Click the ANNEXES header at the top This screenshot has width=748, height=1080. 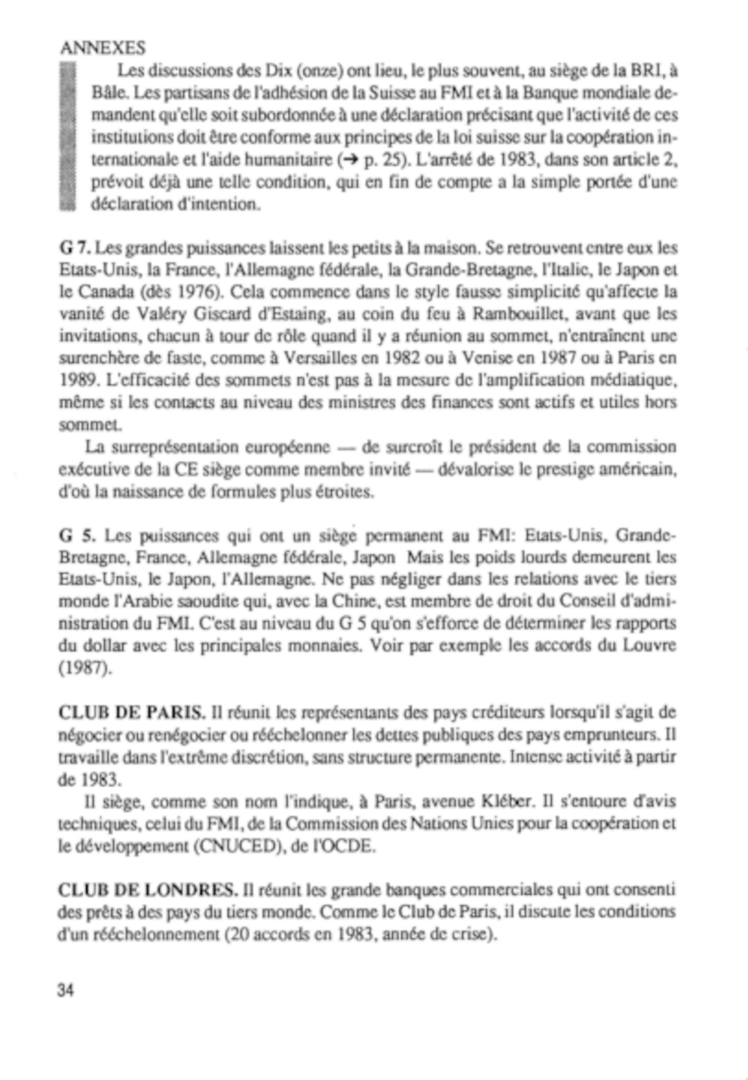coord(102,48)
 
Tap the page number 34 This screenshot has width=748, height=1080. coord(65,991)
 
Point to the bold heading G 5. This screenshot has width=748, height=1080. coord(78,535)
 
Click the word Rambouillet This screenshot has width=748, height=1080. coord(516,314)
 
